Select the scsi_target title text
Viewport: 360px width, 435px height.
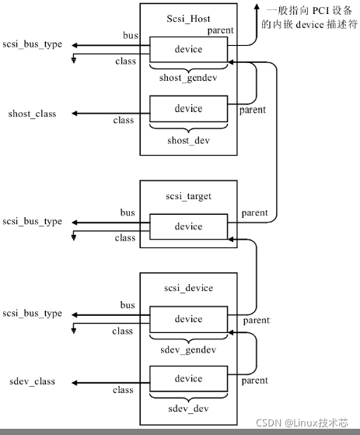pos(188,196)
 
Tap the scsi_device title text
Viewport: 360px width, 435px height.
pos(188,288)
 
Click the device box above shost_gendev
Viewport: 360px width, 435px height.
pos(188,50)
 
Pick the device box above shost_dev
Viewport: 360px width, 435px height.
pos(188,108)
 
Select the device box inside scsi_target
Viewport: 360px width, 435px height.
pos(188,227)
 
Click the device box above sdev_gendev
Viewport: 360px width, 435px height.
pos(188,319)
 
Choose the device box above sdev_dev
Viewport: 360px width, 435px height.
pos(188,379)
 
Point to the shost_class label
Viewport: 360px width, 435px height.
pos(33,114)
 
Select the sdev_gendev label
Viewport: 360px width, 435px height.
pos(188,350)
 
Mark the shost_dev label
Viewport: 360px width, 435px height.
pos(188,140)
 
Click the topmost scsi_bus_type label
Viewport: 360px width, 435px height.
pos(32,44)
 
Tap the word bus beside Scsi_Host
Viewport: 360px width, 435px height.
pos(130,36)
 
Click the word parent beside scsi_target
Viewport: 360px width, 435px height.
pos(255,213)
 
